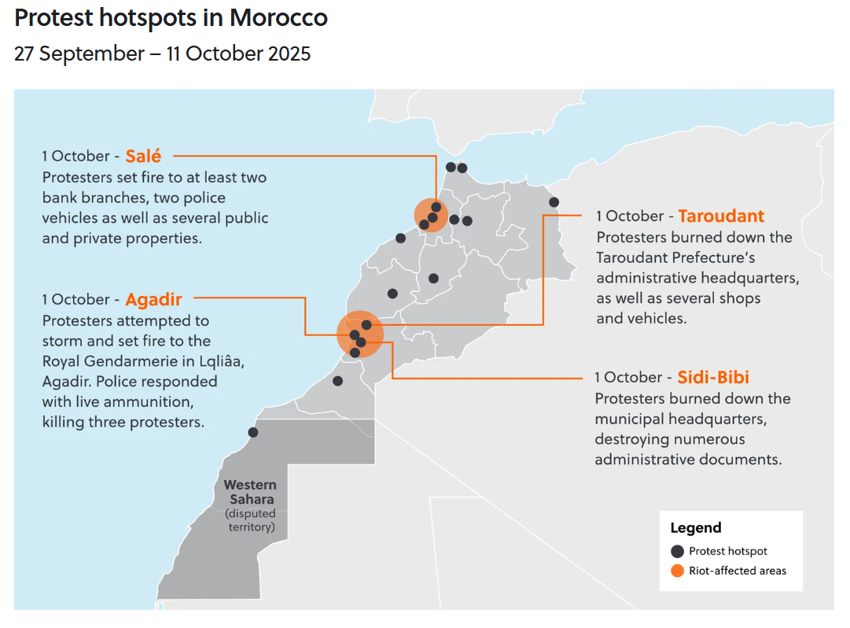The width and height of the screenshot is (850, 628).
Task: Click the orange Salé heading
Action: tap(143, 156)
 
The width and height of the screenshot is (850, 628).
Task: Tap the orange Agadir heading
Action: tap(153, 299)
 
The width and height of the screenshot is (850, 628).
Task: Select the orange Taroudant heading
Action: tap(721, 216)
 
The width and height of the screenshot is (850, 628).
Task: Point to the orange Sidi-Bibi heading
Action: tap(713, 377)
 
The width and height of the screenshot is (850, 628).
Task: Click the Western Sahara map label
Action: tap(249, 492)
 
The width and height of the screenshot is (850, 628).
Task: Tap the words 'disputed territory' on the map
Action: tap(251, 520)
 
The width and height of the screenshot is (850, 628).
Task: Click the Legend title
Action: tap(695, 528)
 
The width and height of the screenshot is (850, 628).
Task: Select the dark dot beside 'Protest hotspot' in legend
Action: tap(677, 551)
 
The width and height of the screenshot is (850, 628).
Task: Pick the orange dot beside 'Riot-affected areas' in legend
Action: tap(677, 571)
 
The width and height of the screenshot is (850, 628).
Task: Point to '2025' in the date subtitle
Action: tap(288, 54)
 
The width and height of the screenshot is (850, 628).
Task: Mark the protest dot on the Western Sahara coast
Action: tap(253, 432)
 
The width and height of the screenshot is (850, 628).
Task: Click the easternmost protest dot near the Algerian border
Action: tap(554, 202)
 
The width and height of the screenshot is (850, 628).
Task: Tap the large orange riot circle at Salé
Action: tap(431, 214)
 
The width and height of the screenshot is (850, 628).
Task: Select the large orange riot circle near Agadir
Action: tap(360, 334)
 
